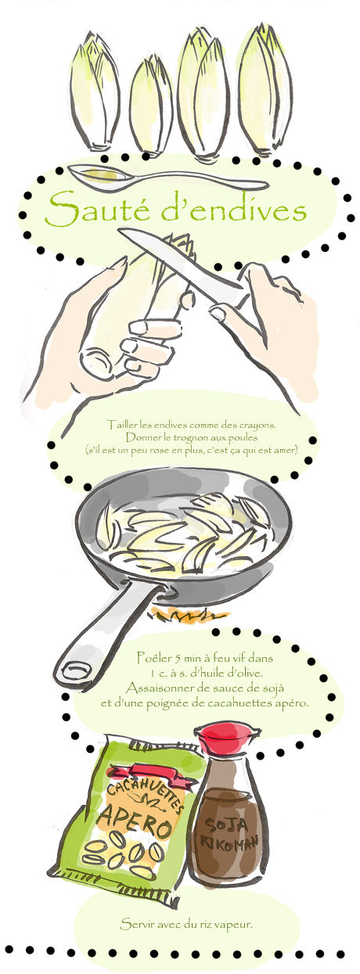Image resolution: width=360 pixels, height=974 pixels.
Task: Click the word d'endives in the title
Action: [x=233, y=210]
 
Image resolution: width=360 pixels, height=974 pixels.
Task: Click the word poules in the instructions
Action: [x=243, y=437]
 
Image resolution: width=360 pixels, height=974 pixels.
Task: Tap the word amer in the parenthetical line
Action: [x=286, y=450]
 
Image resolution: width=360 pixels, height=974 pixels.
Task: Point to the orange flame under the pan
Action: [x=189, y=616]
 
